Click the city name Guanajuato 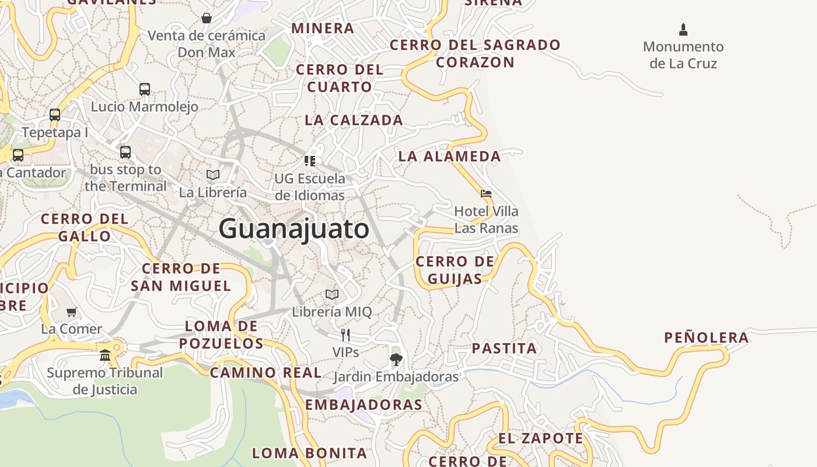pos(294,228)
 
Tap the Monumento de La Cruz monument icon pos(683,29)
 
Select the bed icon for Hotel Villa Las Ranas pos(486,194)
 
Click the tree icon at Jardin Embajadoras pos(396,358)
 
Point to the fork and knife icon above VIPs pos(345,334)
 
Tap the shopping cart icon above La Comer pos(71,312)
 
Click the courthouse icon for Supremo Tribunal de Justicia pos(105,355)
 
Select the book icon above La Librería pos(213,175)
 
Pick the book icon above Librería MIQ pos(332,294)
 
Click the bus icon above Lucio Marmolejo pos(145,89)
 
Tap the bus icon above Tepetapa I pos(55,115)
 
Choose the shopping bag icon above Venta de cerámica pos(207,18)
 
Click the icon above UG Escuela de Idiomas pos(310,161)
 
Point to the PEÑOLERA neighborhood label pos(706,337)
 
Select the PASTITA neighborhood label pos(504,348)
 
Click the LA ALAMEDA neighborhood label pos(449,156)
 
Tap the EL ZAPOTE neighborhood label pos(540,438)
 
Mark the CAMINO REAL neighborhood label pos(266,372)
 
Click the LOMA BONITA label pos(309,452)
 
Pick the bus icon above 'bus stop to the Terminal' pos(125,152)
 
